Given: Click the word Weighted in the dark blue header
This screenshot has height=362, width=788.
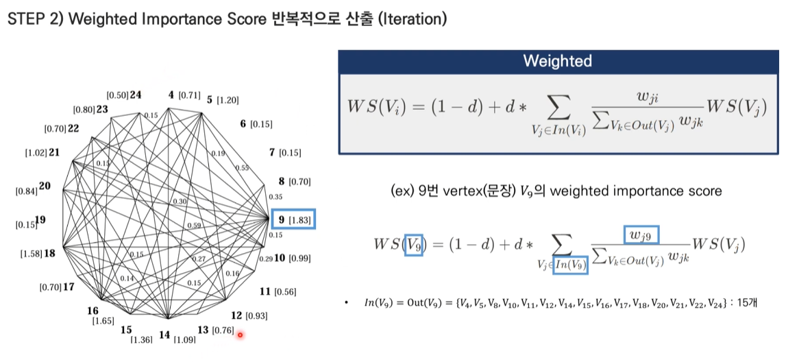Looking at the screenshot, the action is coord(557,61).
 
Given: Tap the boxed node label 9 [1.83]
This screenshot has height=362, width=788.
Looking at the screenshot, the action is coord(293,219).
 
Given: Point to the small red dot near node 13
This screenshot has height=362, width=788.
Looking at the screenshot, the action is coord(241,335).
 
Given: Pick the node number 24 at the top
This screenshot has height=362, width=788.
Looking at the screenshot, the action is coord(136,95).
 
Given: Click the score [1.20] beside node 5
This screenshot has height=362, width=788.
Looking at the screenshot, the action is coord(227,100).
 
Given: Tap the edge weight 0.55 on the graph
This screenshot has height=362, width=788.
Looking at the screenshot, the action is coord(242,167).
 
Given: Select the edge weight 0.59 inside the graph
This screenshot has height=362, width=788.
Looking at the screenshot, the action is coord(194,225).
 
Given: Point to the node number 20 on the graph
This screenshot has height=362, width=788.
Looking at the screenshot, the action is coord(45,186).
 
